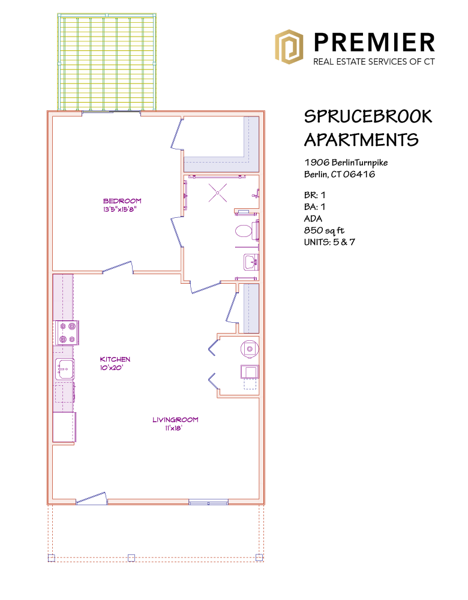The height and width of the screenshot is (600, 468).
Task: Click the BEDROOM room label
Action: click(122, 201)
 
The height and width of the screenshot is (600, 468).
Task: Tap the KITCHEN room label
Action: click(115, 359)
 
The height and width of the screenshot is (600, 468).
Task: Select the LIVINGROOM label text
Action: click(175, 420)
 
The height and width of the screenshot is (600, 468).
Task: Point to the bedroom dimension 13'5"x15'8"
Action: click(120, 209)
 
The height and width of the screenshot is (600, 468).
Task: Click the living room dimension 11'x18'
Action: click(174, 428)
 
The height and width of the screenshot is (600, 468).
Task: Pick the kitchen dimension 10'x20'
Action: click(112, 368)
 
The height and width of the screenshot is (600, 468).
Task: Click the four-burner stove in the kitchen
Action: click(67, 332)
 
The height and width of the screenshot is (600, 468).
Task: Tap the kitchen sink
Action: click(64, 369)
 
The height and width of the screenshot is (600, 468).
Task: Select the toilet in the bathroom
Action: click(247, 231)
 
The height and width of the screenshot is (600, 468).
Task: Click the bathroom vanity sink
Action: click(251, 263)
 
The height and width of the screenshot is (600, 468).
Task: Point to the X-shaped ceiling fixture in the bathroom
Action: click(218, 193)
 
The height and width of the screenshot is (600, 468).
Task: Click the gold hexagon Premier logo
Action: click(289, 47)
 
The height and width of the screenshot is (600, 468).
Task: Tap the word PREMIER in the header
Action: click(374, 42)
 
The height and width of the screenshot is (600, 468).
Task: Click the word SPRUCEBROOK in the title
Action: click(368, 116)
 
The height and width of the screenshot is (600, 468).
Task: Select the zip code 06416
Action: click(359, 175)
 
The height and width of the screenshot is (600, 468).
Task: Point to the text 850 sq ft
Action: click(324, 230)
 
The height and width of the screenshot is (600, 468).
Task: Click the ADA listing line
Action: click(313, 218)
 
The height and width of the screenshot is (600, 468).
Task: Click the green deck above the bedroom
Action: click(107, 62)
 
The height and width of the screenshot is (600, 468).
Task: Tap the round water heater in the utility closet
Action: click(250, 349)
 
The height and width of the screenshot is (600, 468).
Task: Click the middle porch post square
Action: click(131, 557)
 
